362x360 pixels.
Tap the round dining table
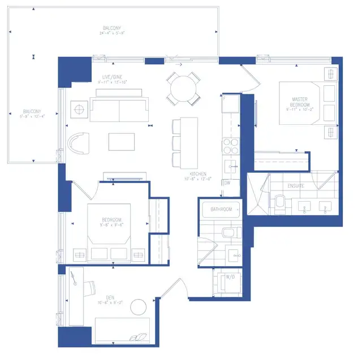point(182,88)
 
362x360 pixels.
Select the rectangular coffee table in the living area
point(122,141)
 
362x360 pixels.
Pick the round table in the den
point(139,307)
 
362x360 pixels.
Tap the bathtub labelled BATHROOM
point(222,210)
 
